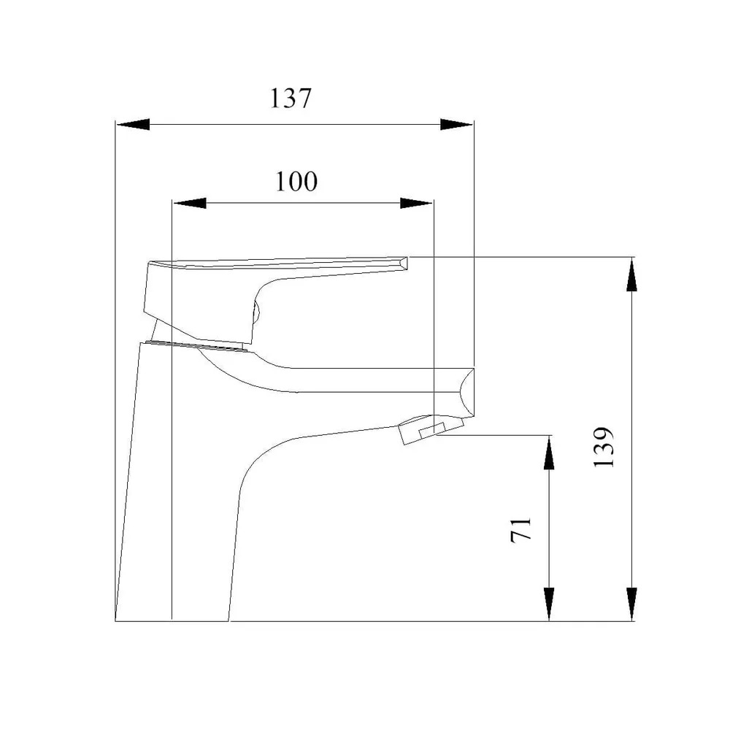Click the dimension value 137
(291, 99)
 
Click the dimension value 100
(296, 181)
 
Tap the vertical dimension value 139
(604, 447)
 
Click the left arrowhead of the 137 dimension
(133, 124)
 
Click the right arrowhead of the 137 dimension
(457, 124)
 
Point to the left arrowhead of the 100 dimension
(190, 203)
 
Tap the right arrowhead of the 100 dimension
(417, 203)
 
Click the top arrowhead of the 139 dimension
(631, 274)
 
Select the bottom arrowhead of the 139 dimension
(631, 604)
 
